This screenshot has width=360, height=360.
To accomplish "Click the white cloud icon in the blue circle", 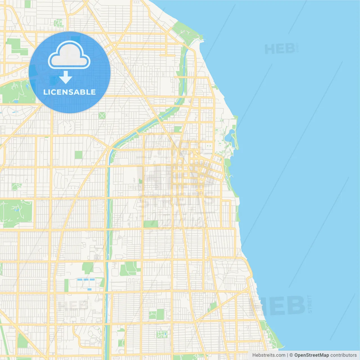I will [69, 55].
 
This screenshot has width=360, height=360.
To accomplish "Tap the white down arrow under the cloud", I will [66, 77].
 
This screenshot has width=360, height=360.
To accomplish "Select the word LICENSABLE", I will [69, 92].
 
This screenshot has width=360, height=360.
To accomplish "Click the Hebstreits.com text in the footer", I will [269, 355].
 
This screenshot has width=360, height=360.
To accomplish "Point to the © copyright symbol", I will [291, 355].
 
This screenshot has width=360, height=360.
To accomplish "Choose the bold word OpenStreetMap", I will [311, 355].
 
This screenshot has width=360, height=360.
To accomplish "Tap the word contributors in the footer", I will [343, 355].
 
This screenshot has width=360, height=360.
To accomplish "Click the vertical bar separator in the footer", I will [287, 355].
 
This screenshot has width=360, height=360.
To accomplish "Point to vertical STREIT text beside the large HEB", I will [310, 304].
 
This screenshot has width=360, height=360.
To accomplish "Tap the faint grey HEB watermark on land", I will [73, 305].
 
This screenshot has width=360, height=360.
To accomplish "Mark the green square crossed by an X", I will [102, 115].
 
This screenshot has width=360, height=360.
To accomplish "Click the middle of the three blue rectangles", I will [85, 280].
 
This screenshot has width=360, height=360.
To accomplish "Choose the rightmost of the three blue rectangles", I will [92, 280].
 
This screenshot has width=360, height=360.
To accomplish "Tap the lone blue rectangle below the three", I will [89, 289].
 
